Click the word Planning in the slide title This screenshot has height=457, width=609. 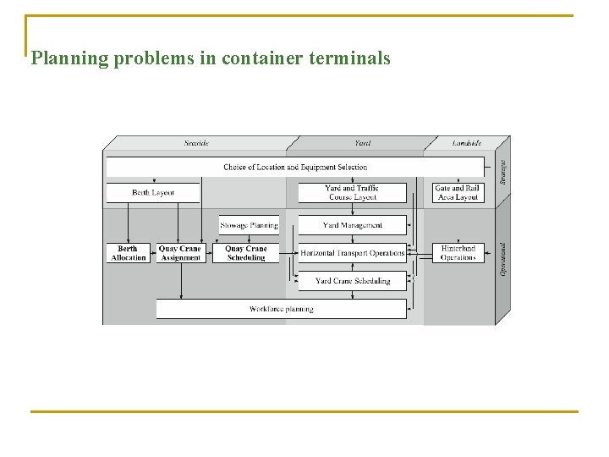70,58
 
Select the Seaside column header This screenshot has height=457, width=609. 196,143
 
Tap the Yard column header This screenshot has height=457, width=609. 361,143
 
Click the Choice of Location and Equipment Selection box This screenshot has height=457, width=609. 295,167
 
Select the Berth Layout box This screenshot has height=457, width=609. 153,193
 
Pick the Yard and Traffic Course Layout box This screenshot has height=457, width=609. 352,193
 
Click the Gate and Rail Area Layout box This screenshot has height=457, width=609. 457,193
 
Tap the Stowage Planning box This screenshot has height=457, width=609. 249,225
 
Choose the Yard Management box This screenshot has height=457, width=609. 352,225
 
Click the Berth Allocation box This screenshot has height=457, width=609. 129,253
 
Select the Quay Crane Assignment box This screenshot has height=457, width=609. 180,253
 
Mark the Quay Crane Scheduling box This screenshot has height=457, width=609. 246,253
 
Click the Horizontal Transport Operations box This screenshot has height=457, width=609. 352,253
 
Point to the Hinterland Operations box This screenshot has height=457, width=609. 458,253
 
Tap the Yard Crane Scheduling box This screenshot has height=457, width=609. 352,281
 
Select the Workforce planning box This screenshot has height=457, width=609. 281,309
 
